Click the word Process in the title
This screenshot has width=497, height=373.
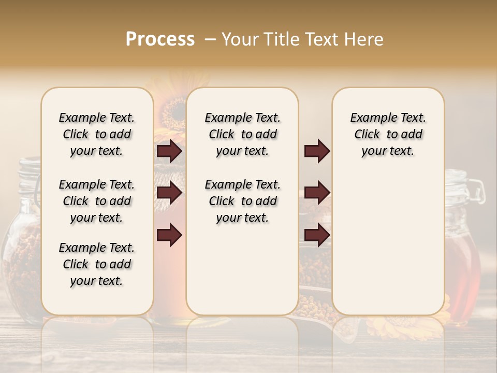160,39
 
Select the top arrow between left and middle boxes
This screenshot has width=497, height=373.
169,151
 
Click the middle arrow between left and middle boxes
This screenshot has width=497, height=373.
169,193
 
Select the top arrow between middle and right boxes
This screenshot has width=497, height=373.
317,151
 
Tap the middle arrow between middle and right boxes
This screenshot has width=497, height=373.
317,193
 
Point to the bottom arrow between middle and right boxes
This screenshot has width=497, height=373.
317,235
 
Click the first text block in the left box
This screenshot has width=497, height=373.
97,134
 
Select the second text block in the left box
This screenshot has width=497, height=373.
97,201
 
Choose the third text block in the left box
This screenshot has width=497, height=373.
97,264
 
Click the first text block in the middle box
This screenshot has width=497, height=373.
242,134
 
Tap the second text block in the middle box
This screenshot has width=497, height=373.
242,201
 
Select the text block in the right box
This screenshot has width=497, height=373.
388,134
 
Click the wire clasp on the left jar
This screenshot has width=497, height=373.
37,192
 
